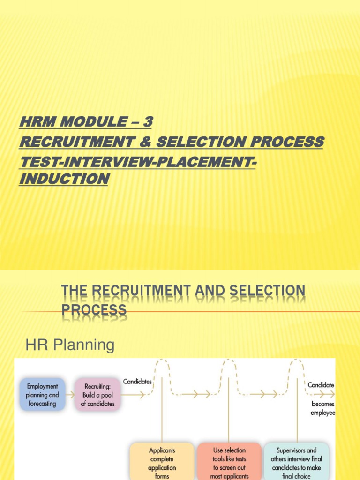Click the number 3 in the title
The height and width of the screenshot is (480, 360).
pos(148,122)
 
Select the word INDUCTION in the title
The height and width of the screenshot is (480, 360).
pos(64,179)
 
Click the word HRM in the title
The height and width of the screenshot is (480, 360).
pos(36,122)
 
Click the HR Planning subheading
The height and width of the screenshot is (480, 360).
pos(69,345)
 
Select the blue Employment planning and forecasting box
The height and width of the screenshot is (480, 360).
pos(42,395)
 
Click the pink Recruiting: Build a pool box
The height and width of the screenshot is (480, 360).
pos(97,395)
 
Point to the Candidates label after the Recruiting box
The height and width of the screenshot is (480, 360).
pos(137,382)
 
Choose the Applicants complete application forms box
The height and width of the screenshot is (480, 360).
pos(162,461)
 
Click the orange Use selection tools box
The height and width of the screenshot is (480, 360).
pos(229,461)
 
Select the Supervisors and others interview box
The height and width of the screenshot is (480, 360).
pos(296,461)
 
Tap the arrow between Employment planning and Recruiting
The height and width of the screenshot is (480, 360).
pos(70,395)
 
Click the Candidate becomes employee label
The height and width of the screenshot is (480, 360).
pos(322,398)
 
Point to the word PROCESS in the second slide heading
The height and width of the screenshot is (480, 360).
pos(94,309)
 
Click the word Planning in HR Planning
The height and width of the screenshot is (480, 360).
pos(86,345)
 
